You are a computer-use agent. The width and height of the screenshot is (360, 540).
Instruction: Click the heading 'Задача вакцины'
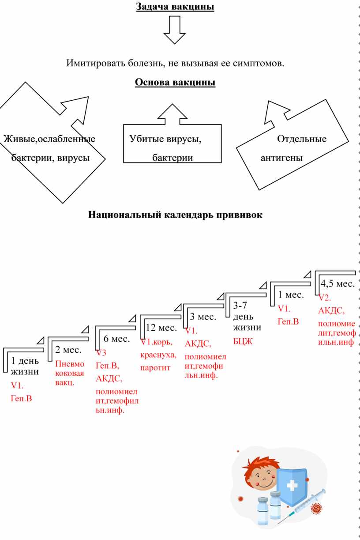175,7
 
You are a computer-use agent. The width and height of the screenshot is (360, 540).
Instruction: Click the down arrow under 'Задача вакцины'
175,30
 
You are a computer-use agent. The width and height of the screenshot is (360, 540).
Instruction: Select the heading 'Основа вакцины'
175,83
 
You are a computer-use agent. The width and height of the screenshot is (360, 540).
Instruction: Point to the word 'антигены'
282,158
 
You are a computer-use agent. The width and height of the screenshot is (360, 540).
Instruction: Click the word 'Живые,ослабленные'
49,139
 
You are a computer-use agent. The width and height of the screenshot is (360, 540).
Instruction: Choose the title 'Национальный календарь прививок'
175,215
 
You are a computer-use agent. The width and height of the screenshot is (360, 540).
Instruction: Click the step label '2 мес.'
68,350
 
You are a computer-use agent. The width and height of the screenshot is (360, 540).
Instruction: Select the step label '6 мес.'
116,339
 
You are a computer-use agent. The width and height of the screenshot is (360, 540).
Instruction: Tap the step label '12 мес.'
161,328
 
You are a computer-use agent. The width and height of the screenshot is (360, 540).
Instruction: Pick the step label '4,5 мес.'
337,283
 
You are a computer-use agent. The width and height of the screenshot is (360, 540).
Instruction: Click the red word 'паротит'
155,367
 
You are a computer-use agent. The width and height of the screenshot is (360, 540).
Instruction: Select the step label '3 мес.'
203,317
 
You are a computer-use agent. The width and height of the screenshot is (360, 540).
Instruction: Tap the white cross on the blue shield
292,486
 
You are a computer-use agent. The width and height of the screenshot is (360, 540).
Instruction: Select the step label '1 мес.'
291,295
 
